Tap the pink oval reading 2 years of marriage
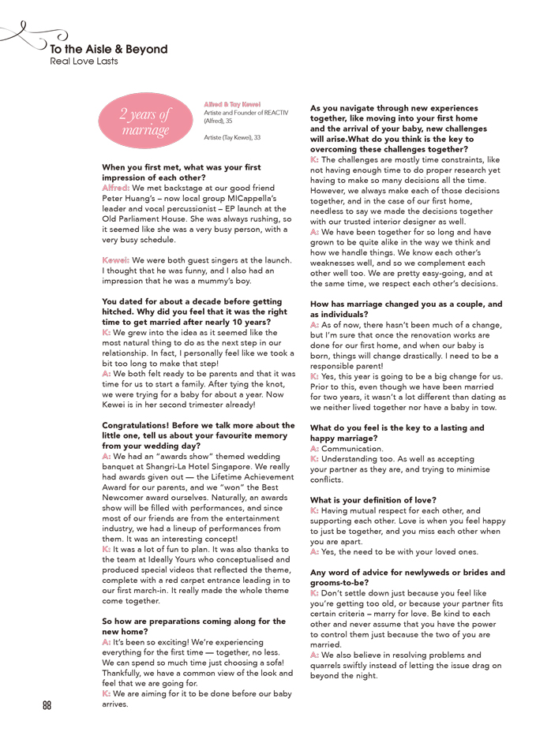(145, 122)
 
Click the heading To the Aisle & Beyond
(109, 49)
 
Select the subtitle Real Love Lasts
(84, 61)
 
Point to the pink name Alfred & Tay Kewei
(233, 103)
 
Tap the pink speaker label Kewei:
(116, 260)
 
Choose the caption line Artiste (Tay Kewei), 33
(232, 137)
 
